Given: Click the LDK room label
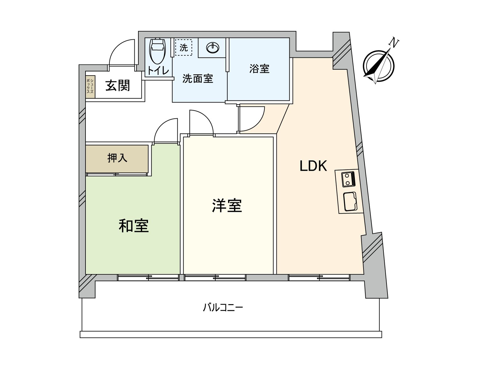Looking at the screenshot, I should point(313,166).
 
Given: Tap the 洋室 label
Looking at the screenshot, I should point(227,206).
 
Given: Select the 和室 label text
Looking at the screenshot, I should point(133,226).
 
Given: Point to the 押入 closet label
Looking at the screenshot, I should point(117,158).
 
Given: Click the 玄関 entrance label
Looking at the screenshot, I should point(118,85).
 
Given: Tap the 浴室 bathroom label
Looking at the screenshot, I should point(259,69).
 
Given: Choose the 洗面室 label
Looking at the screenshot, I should point(198,79).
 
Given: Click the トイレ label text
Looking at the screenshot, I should point(158,71).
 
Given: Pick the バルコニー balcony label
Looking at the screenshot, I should point(223,307).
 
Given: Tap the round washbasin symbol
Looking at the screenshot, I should point(213,48).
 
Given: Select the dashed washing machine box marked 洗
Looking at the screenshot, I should point(184,48).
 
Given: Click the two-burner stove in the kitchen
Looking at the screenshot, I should point(348,179).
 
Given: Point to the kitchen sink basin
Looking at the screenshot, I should point(350,201).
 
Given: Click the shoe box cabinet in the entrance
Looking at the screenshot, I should point(90,87).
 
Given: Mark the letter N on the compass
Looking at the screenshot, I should point(393,42).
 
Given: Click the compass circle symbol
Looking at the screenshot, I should point(379,66).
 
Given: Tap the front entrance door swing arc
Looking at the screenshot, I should point(121,52).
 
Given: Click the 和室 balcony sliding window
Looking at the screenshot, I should point(148,278).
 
